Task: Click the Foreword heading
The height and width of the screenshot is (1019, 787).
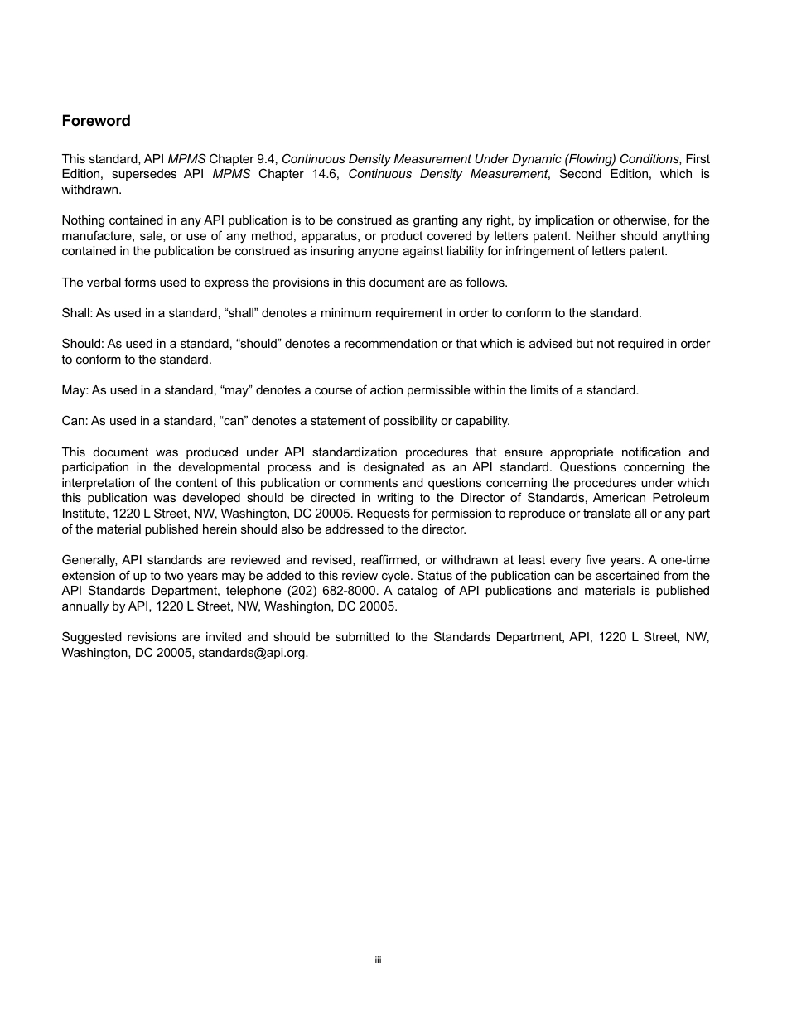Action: click(x=96, y=121)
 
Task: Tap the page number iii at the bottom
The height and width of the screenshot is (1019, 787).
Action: click(x=378, y=960)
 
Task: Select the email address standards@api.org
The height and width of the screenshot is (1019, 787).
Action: click(x=253, y=653)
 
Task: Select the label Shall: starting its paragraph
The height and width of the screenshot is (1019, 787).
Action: click(x=77, y=313)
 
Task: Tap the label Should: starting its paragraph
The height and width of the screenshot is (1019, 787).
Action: click(x=83, y=344)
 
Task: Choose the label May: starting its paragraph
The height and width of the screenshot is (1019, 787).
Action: click(x=75, y=390)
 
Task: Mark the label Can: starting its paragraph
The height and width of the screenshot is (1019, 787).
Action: click(x=75, y=421)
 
